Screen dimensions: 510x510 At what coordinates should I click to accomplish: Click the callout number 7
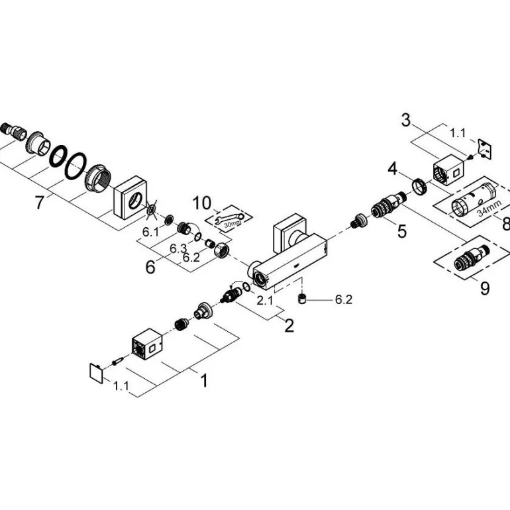click(40, 202)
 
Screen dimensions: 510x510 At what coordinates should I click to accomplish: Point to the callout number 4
click(393, 170)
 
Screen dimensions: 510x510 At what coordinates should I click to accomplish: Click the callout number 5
click(402, 231)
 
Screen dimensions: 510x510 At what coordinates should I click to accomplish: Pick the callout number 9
click(485, 289)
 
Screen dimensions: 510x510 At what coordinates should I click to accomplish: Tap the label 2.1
click(264, 299)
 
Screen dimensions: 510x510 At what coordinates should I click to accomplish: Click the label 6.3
click(177, 248)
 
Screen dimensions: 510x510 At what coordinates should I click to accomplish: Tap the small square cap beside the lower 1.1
click(97, 372)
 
